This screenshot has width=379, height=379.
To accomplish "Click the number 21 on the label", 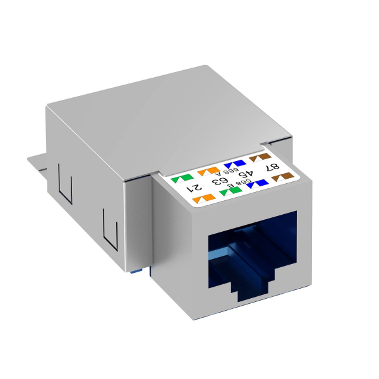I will point(196,188).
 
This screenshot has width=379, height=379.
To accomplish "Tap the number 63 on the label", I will point(222,181).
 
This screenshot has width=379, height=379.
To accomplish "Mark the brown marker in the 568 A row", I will point(258,157).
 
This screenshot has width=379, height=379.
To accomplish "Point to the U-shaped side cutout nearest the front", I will point(111,233).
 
